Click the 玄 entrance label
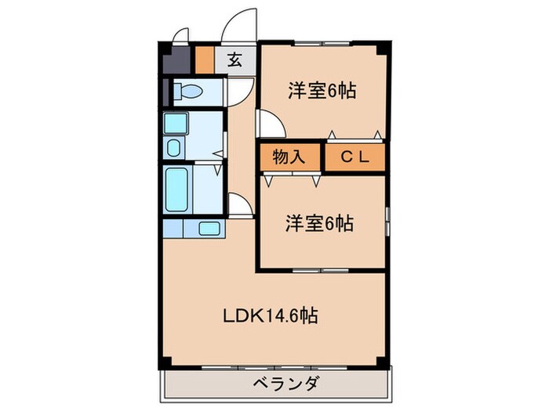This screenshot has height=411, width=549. pyautogui.click(x=235, y=59)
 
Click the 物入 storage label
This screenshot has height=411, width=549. pyautogui.click(x=288, y=157)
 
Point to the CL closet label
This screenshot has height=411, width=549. pyautogui.click(x=354, y=157)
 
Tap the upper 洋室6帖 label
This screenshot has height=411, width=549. pyautogui.click(x=322, y=92)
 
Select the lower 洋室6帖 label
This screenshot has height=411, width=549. pyautogui.click(x=319, y=223)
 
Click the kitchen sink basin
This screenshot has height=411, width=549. pyautogui.click(x=209, y=229)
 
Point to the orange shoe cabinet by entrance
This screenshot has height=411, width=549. pyautogui.click(x=204, y=59)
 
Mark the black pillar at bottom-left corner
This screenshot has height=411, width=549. pyautogui.click(x=164, y=362)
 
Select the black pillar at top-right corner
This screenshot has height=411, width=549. pyautogui.click(x=381, y=46)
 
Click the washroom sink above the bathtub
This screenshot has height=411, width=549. pyautogui.click(x=174, y=147)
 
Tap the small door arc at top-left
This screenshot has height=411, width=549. pyautogui.click(x=180, y=34)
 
